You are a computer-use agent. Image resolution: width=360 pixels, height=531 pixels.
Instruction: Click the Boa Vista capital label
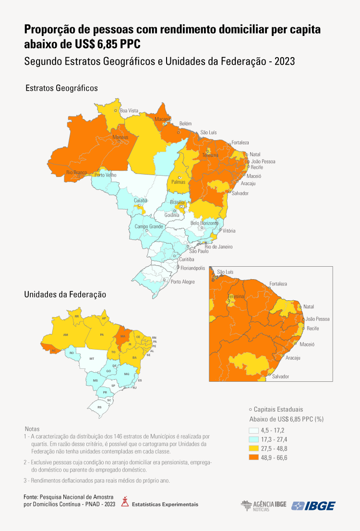tap(129, 111)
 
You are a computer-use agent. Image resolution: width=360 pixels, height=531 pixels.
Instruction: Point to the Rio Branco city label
tap(76, 172)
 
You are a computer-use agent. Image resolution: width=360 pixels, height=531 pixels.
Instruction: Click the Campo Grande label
tap(149, 226)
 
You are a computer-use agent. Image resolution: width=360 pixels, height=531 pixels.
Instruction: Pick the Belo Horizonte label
tap(204, 223)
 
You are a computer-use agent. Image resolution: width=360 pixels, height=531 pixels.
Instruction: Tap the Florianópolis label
tap(192, 268)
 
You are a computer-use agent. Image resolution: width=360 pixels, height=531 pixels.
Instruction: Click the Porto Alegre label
tap(183, 282)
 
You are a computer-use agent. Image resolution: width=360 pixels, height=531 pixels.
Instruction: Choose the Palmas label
tap(178, 182)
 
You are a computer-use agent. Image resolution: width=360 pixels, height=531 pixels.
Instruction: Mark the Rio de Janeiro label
tap(218, 247)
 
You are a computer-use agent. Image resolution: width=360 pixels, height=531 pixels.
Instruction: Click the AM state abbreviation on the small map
tap(66, 335)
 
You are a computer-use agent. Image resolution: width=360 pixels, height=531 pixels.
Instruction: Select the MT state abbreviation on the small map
tap(91, 358)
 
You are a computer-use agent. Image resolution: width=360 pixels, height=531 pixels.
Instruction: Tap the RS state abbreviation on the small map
tap(99, 407)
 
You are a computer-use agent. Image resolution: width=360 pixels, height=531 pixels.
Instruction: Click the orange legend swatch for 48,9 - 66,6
tap(254, 458)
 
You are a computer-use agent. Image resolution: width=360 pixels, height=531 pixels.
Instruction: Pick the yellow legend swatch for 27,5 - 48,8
tap(254, 448)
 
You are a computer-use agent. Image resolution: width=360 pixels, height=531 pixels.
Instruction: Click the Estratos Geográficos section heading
tap(61, 88)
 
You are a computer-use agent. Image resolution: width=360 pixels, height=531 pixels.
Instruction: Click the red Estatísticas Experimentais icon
tap(125, 503)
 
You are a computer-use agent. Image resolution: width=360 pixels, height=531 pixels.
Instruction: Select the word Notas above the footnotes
tap(32, 428)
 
